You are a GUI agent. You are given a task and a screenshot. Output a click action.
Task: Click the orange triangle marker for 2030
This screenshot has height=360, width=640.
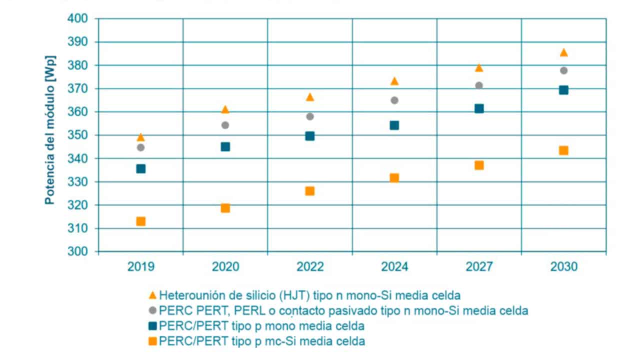tap(563, 52)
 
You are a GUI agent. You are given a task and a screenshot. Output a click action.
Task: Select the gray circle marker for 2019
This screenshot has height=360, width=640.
tap(140, 147)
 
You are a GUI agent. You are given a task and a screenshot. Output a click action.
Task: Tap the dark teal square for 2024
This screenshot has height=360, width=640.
tap(394, 125)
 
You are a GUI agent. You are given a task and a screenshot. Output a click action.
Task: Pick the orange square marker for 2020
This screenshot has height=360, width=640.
tap(225, 208)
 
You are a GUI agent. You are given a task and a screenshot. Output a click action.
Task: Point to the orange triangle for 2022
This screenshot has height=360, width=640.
tap(309, 97)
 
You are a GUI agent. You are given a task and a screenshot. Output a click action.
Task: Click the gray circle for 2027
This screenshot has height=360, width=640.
tap(478, 85)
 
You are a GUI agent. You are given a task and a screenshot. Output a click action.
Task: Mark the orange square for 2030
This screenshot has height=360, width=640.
tap(563, 150)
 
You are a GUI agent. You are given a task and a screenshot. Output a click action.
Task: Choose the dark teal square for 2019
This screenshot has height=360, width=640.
tap(140, 168)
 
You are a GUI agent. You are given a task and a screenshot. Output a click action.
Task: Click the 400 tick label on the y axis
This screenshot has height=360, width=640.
tap(77, 19)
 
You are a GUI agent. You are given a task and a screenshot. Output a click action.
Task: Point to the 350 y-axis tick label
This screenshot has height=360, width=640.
tap(77, 135)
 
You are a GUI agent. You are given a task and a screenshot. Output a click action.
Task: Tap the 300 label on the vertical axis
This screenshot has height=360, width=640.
tap(77, 252)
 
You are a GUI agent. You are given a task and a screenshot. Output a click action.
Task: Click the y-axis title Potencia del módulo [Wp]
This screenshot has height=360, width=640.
tap(50, 130)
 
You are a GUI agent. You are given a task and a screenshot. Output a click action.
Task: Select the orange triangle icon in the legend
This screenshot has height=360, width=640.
tap(152, 295)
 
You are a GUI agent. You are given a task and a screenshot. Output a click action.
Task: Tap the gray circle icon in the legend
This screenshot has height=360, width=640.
tap(152, 310)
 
